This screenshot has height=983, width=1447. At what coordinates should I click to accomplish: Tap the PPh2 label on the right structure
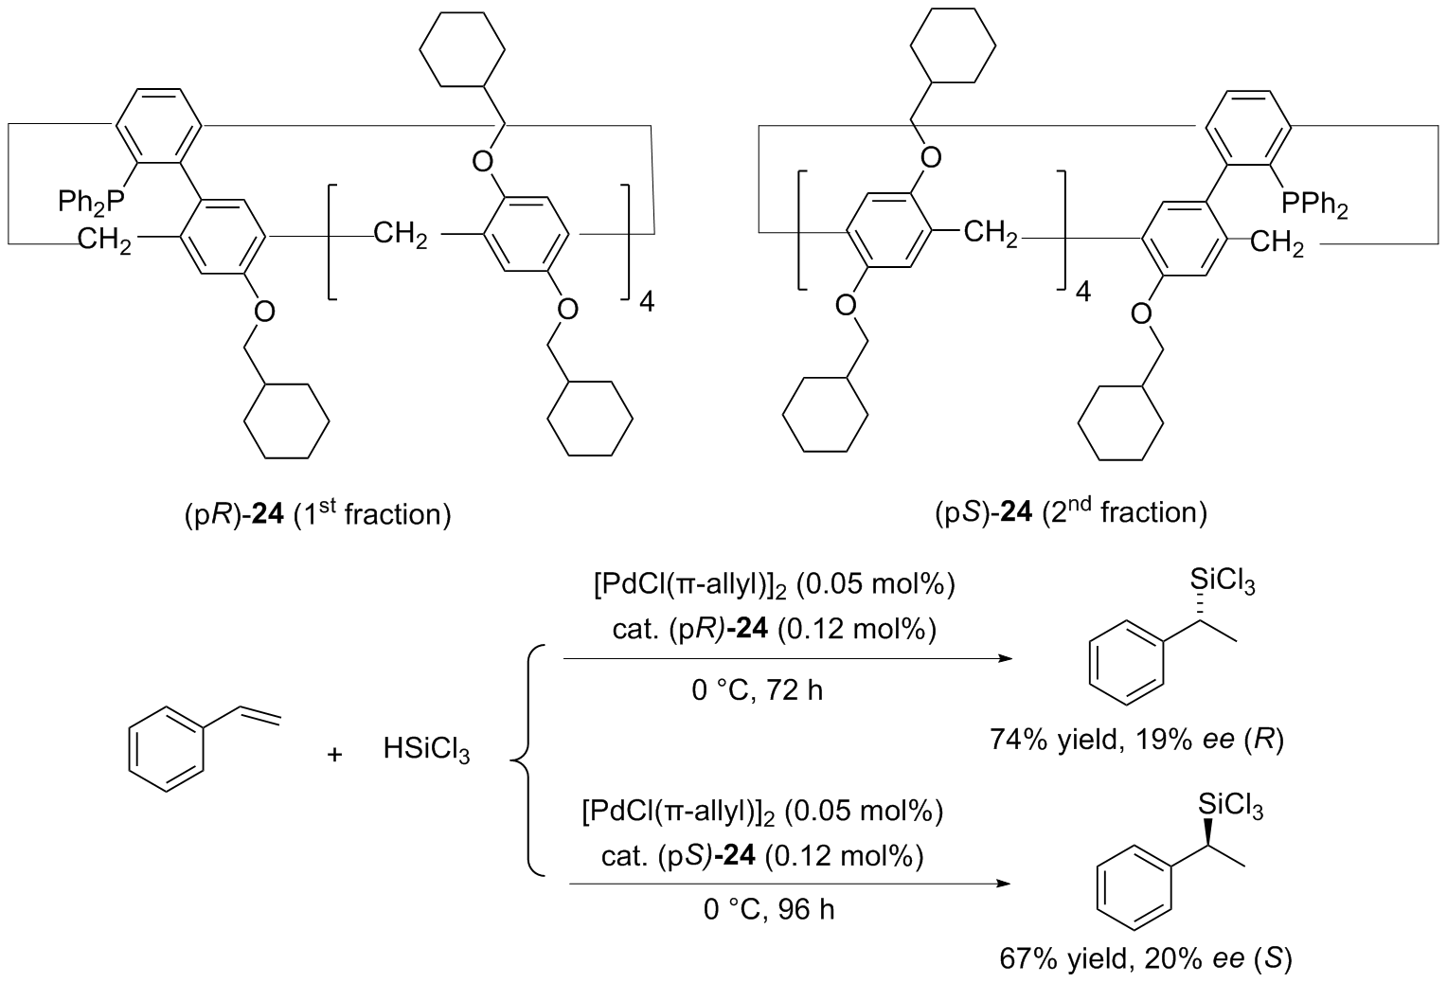1315,203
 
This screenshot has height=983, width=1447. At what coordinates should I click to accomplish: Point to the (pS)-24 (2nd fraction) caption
1070,512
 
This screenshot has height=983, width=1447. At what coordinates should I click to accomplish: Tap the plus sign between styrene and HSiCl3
333,755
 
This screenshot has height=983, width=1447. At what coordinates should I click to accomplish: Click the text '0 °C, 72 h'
757,689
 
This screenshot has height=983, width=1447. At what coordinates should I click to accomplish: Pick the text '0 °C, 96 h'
769,910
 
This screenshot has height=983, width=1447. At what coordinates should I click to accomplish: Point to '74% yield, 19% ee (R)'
1136,738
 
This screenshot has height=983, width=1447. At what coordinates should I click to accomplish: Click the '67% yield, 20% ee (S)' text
1146,959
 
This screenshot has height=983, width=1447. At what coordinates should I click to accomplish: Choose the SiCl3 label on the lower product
1230,805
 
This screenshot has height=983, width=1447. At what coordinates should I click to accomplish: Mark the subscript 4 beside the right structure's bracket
1082,292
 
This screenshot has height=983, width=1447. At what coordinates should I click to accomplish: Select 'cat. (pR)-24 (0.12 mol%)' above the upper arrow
775,630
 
